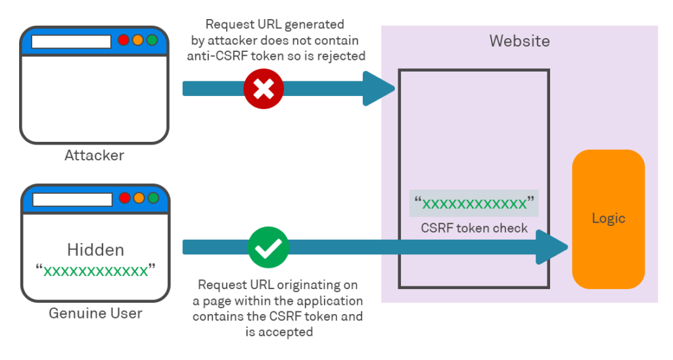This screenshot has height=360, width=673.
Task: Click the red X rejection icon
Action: click(263, 87)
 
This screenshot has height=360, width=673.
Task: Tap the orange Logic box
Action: click(608, 219)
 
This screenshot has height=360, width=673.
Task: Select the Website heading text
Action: click(519, 41)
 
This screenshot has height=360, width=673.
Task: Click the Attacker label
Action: click(94, 156)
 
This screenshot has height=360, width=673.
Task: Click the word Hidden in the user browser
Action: click(95, 250)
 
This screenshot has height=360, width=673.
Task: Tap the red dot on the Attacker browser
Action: click(124, 40)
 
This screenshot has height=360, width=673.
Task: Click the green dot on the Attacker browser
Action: click(152, 40)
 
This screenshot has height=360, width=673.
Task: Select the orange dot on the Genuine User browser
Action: click(139, 198)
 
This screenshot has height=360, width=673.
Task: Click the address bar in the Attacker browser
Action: click(71, 41)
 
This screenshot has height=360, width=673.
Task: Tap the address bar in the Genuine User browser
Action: click(72, 198)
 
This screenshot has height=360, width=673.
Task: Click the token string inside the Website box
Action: click(474, 204)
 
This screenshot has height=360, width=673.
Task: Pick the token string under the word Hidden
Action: click(95, 271)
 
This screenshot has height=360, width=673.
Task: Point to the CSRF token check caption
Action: click(474, 228)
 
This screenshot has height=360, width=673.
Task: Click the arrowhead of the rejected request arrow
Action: click(381, 88)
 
